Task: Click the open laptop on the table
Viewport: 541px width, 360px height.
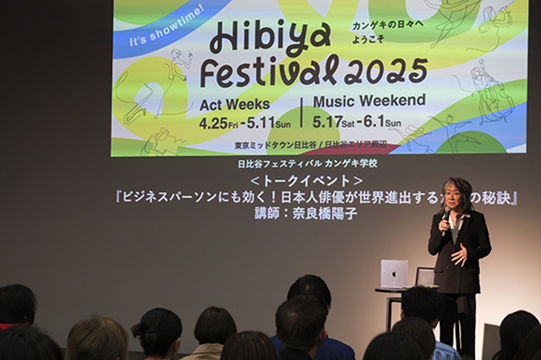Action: [394, 274]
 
